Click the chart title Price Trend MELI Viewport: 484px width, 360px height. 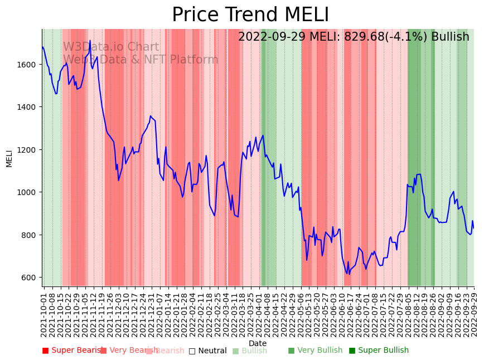[x=250, y=15]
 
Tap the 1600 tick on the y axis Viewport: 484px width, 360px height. [x=29, y=65]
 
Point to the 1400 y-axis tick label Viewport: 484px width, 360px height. [x=29, y=107]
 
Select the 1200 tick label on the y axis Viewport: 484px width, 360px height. [x=29, y=150]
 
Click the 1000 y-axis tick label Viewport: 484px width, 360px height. [x=29, y=192]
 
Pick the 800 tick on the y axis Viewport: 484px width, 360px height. [x=31, y=235]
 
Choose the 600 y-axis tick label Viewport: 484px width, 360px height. [x=31, y=278]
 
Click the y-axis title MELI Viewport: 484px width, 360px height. [x=9, y=158]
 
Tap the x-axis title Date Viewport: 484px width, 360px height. [x=258, y=343]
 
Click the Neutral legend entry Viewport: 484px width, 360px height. [x=207, y=351]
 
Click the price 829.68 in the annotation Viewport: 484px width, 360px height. [x=370, y=37]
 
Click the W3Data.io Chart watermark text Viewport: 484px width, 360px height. [x=111, y=47]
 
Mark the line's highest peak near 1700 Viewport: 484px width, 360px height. [x=90, y=41]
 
